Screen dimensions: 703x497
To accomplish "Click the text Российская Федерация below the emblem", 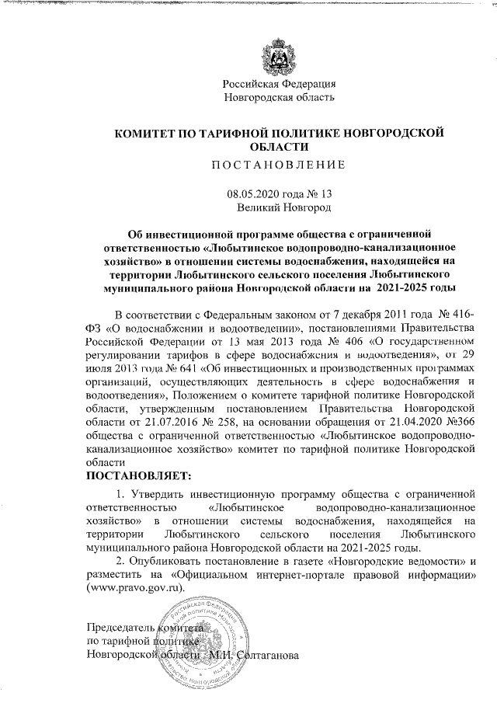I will [x=279, y=84].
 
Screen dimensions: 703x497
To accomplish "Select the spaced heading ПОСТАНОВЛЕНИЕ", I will [x=279, y=164].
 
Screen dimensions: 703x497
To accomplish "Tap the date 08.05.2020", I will [x=250, y=195].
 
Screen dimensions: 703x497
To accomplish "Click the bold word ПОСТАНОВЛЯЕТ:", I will [x=137, y=474].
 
